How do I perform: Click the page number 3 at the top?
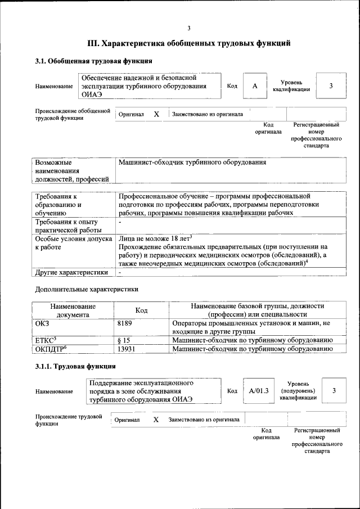189,28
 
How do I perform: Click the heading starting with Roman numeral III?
189,43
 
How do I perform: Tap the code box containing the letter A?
255,86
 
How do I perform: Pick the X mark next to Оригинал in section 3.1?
156,114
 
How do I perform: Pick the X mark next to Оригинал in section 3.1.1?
156,420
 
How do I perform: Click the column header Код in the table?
142,310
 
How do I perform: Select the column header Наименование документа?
73,310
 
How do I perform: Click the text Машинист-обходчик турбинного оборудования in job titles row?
191,163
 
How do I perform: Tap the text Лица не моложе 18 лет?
156,238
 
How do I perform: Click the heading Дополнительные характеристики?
87,289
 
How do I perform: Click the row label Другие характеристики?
71,272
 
